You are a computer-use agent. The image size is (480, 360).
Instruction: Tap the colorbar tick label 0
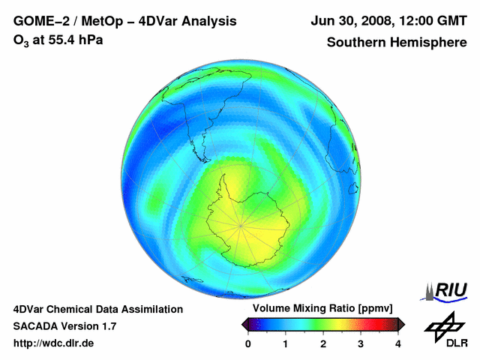tap(248, 344)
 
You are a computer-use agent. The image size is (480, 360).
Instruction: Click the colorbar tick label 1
tap(286, 344)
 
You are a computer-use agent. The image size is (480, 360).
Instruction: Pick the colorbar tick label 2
tap(323, 344)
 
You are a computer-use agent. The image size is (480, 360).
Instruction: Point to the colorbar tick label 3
tap(361, 344)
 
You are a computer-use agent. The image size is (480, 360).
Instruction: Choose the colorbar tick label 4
tap(398, 344)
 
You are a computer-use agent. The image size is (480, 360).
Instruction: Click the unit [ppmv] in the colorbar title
tap(383, 309)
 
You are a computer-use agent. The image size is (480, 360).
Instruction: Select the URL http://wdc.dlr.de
tap(54, 343)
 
